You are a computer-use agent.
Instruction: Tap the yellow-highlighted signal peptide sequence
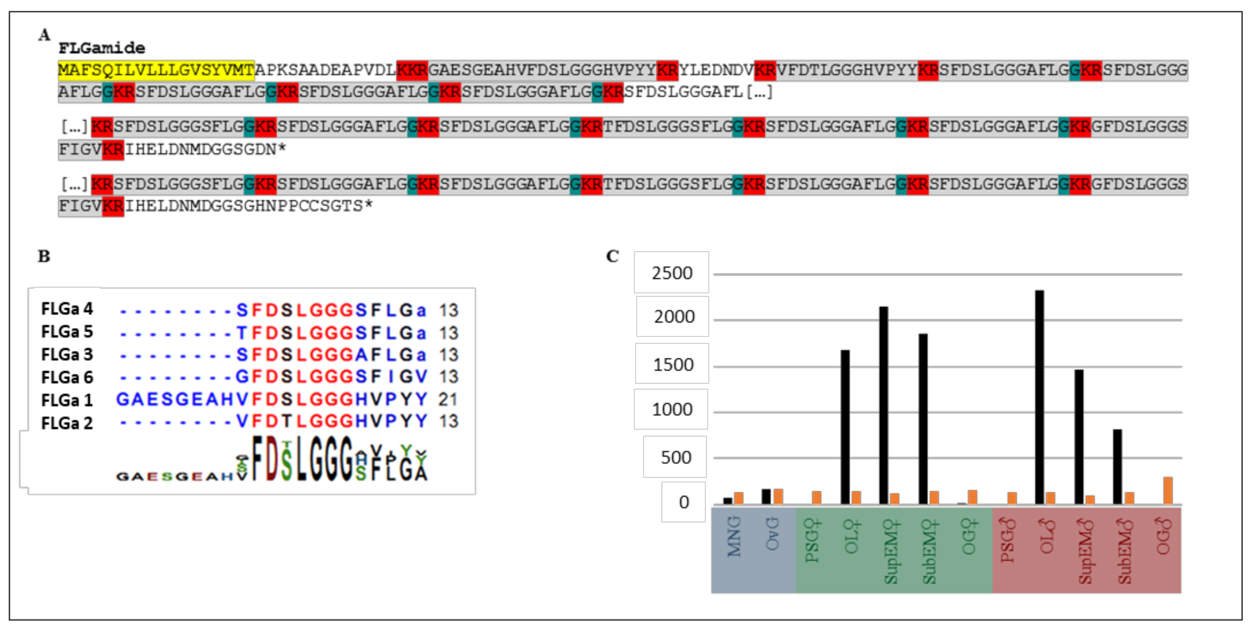(x=156, y=70)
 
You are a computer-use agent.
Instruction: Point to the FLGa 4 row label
(x=66, y=308)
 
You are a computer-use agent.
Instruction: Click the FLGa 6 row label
(x=66, y=377)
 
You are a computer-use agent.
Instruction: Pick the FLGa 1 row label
(x=66, y=400)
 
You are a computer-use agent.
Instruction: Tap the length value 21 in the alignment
(x=448, y=399)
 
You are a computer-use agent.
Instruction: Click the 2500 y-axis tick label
(x=672, y=273)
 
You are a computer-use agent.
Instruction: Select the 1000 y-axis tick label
(x=672, y=409)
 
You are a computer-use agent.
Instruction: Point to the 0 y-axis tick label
(x=684, y=502)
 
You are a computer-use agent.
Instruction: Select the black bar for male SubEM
(x=1117, y=466)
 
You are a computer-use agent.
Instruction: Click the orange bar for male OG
(x=1168, y=491)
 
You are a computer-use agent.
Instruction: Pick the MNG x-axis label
(x=734, y=536)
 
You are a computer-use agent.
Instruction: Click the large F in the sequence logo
(x=257, y=458)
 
